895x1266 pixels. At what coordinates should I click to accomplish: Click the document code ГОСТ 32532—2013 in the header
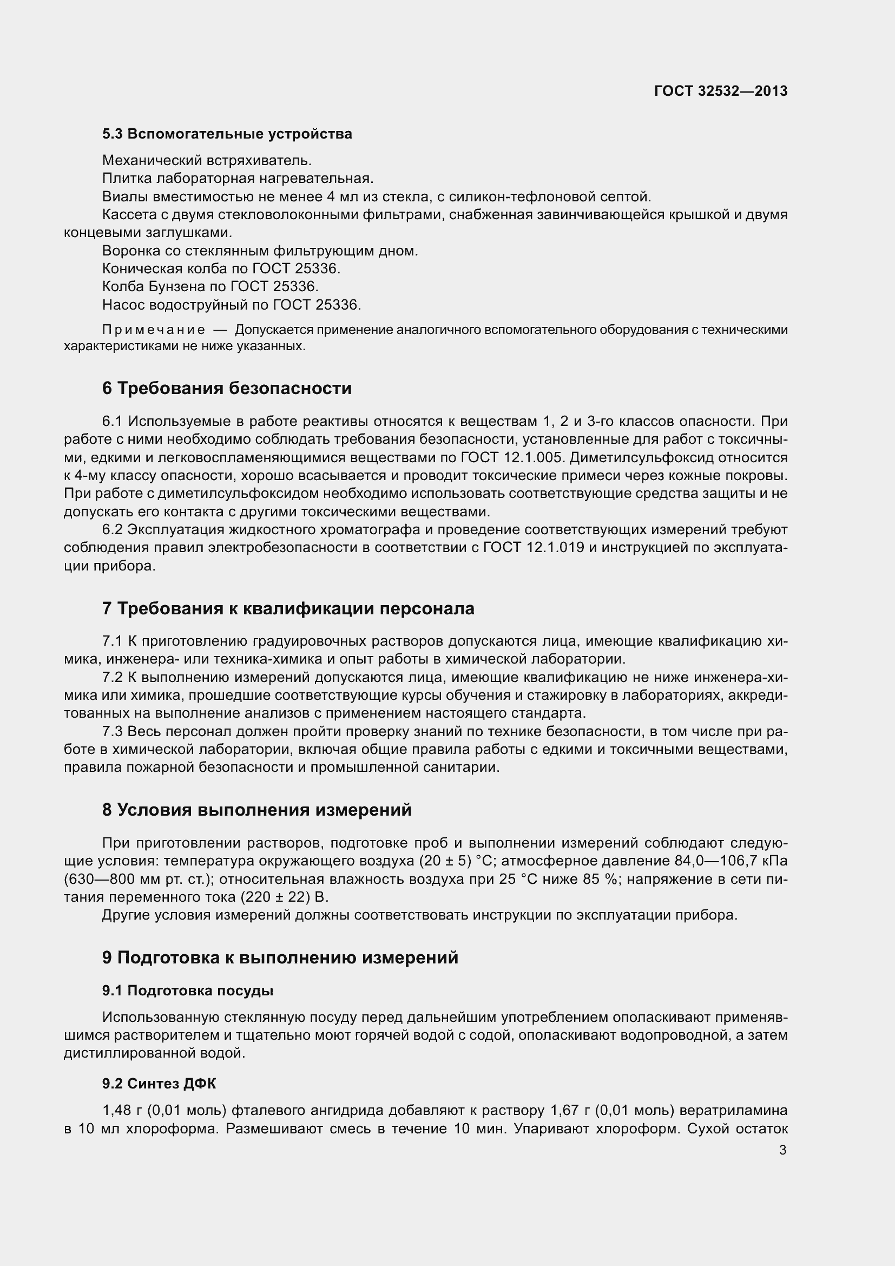(x=721, y=91)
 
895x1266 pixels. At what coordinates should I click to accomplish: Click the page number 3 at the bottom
(x=782, y=1150)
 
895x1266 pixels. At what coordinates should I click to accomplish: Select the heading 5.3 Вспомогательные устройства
(x=227, y=134)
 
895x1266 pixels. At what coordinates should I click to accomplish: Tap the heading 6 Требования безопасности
(x=227, y=388)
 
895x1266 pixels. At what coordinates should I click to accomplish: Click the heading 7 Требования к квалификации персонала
(x=288, y=608)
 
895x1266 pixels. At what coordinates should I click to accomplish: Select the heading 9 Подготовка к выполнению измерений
(x=280, y=957)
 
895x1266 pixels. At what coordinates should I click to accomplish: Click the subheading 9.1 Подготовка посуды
(x=187, y=991)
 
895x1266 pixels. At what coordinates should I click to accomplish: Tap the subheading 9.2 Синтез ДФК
(x=159, y=1084)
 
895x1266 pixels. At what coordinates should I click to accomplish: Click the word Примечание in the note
(x=154, y=330)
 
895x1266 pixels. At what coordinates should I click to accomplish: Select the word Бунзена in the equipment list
(x=165, y=287)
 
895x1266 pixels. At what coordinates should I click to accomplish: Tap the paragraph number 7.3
(x=113, y=732)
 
